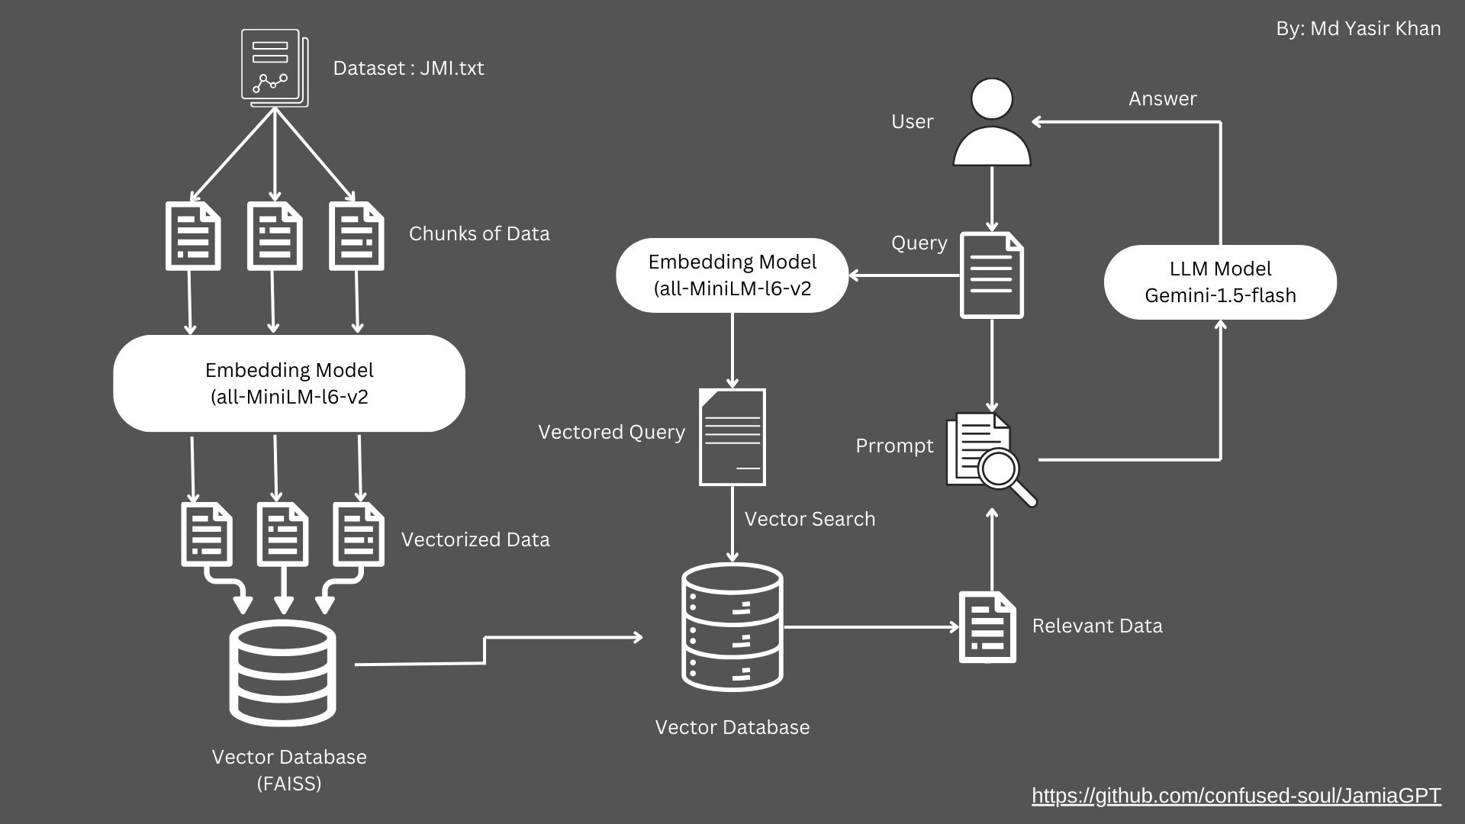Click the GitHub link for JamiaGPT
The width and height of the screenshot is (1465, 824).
1236,796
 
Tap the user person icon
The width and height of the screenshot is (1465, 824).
992,123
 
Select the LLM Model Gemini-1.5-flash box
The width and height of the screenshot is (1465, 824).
1220,282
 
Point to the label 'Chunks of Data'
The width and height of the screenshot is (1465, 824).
479,233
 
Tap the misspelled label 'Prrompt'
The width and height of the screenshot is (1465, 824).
894,446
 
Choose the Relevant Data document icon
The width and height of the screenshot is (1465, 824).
987,627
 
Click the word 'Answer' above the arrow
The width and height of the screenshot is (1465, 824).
1162,98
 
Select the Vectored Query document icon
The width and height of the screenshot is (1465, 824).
732,437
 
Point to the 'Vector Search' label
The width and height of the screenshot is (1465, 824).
810,519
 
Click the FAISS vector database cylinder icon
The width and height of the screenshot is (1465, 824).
283,672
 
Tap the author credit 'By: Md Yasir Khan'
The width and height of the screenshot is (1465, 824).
1358,29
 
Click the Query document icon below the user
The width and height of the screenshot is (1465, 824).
991,275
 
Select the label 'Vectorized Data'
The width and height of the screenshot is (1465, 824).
475,539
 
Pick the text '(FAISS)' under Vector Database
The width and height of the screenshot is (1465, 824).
289,784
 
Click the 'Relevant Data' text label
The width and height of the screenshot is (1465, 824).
1097,626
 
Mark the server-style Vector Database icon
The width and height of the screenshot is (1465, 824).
732,627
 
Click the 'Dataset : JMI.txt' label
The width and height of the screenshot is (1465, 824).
408,68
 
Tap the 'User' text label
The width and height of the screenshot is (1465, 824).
912,121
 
